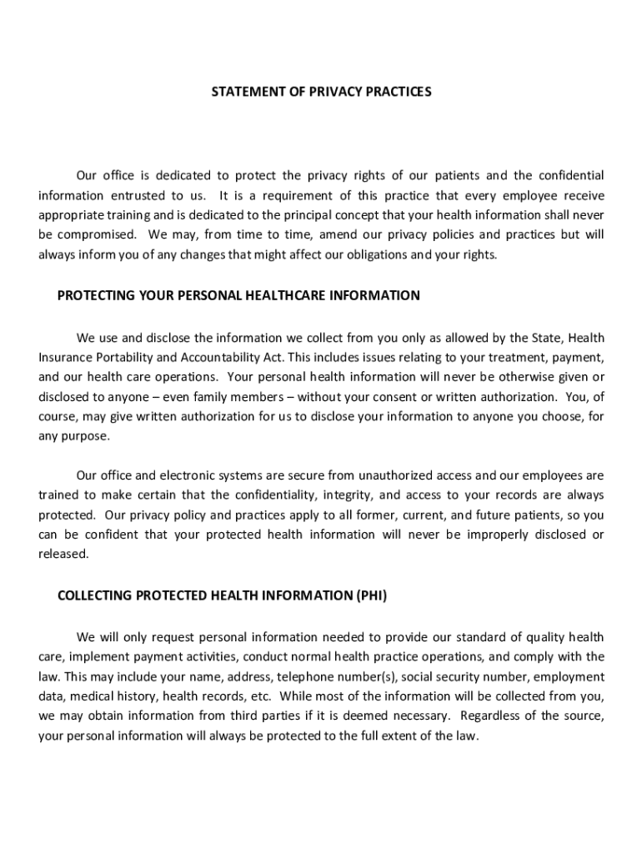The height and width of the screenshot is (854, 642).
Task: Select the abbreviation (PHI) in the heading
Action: pos(371,595)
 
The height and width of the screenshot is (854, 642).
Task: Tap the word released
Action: pos(63,555)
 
